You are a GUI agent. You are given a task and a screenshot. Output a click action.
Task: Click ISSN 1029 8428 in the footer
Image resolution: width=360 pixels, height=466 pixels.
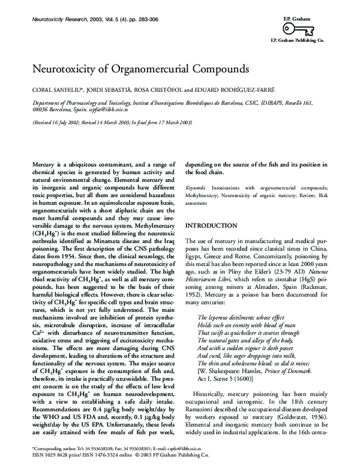(47, 456)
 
